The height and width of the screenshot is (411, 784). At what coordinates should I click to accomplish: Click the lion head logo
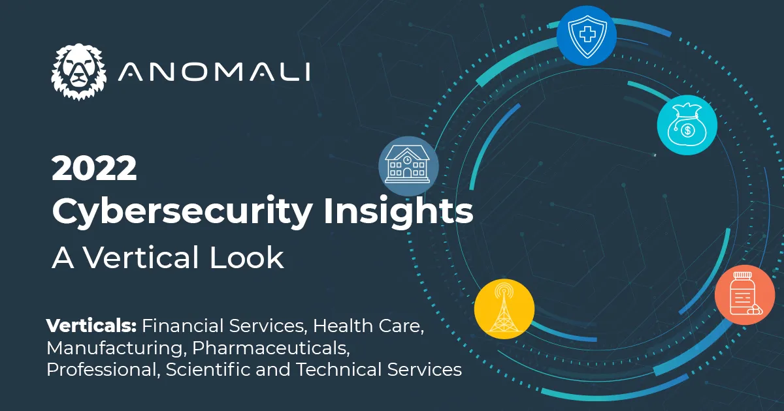tap(78, 72)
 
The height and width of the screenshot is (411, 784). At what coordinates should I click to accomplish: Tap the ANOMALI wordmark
tap(214, 72)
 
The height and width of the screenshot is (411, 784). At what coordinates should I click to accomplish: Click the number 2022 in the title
tap(94, 170)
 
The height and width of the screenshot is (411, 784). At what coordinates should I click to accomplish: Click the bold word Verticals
tap(91, 326)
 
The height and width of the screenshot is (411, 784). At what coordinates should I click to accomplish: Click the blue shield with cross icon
tap(586, 36)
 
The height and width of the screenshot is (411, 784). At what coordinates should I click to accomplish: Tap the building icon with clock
tap(408, 166)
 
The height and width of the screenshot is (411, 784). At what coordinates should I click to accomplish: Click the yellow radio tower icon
tap(504, 309)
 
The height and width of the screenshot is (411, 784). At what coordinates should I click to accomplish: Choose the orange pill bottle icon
tap(744, 294)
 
